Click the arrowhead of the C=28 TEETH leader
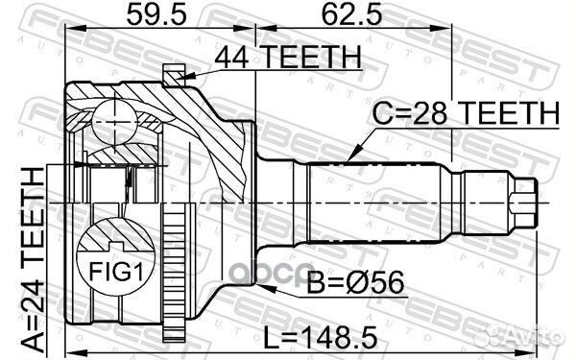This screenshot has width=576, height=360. pos(351,156)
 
